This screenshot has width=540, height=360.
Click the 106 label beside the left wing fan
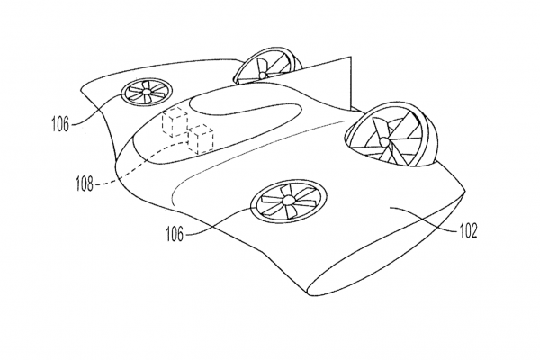pyautogui.click(x=60, y=124)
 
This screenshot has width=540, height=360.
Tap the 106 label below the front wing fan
pyautogui.click(x=175, y=234)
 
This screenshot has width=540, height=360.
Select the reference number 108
pyautogui.click(x=85, y=184)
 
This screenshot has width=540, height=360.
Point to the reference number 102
pyautogui.click(x=468, y=231)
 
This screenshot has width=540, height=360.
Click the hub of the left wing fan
pyautogui.click(x=147, y=92)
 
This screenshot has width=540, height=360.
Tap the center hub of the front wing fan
pyautogui.click(x=288, y=201)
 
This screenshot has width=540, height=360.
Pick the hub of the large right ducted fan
pyautogui.click(x=384, y=141)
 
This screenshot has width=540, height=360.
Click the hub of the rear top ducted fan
pyautogui.click(x=263, y=75)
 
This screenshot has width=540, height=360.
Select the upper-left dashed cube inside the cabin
pyautogui.click(x=175, y=121)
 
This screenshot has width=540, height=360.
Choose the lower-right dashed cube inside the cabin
pyautogui.click(x=201, y=139)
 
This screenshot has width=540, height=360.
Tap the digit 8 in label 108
pyautogui.click(x=90, y=184)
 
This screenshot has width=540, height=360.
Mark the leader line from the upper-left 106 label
pyautogui.click(x=94, y=110)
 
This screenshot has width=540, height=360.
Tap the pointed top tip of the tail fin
pyautogui.click(x=351, y=57)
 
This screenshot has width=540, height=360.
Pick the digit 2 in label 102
pyautogui.click(x=474, y=231)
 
